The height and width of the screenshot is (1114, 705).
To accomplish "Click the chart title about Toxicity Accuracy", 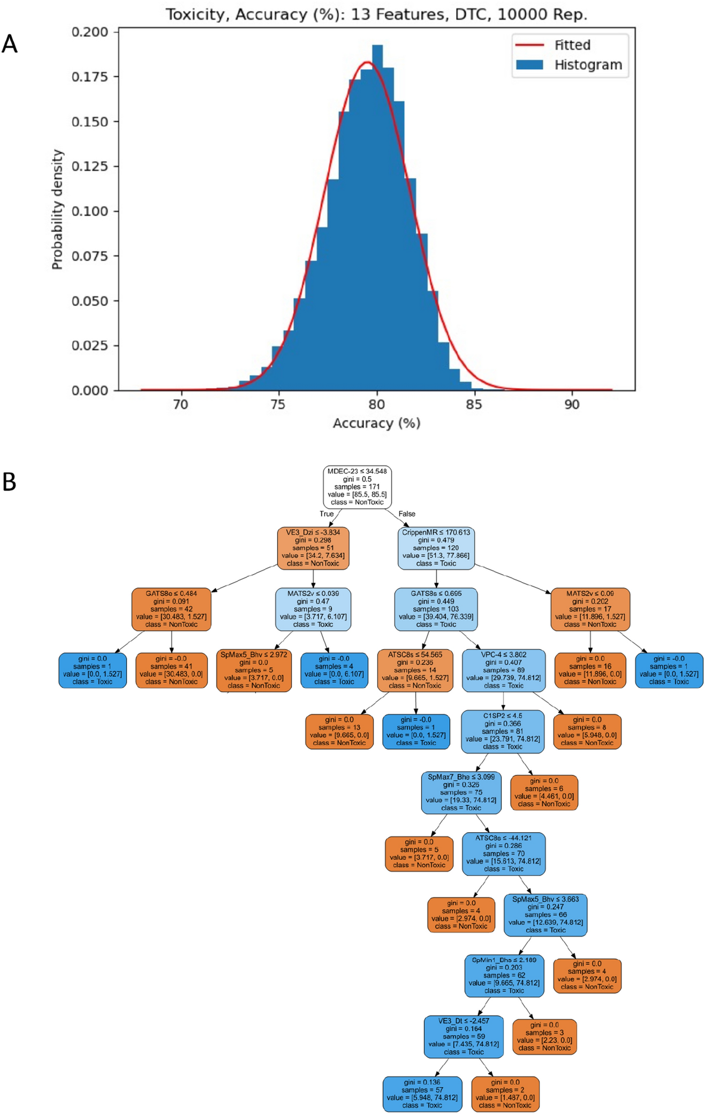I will [x=376, y=14].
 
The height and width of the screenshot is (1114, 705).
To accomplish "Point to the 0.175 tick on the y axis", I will [x=89, y=77].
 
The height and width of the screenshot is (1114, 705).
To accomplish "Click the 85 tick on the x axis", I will [x=474, y=404].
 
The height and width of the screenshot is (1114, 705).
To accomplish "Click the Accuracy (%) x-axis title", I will [x=376, y=423].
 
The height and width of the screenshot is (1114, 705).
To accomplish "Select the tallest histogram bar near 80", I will [x=377, y=214].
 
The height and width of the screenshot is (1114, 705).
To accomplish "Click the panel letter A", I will [x=10, y=44].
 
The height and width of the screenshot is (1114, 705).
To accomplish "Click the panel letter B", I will [x=10, y=482].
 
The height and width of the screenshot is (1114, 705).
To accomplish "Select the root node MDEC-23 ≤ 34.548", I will [x=357, y=487].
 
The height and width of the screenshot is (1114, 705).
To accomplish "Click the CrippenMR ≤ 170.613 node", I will [x=436, y=548].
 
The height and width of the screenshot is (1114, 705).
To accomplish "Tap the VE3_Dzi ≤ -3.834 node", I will [x=313, y=548].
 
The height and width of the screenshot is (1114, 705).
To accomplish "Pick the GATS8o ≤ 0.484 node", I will [x=171, y=609].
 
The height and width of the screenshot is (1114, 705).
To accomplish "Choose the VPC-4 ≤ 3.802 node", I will [x=503, y=670].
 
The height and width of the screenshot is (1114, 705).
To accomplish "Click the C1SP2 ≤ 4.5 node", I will [x=502, y=731].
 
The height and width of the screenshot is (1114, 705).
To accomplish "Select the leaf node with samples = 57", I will [x=422, y=1094].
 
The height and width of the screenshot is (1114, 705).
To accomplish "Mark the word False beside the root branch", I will [x=407, y=514].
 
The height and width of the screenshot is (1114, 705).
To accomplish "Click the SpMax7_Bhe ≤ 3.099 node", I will [x=461, y=792].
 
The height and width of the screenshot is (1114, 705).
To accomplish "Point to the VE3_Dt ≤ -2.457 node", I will [x=464, y=1036].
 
